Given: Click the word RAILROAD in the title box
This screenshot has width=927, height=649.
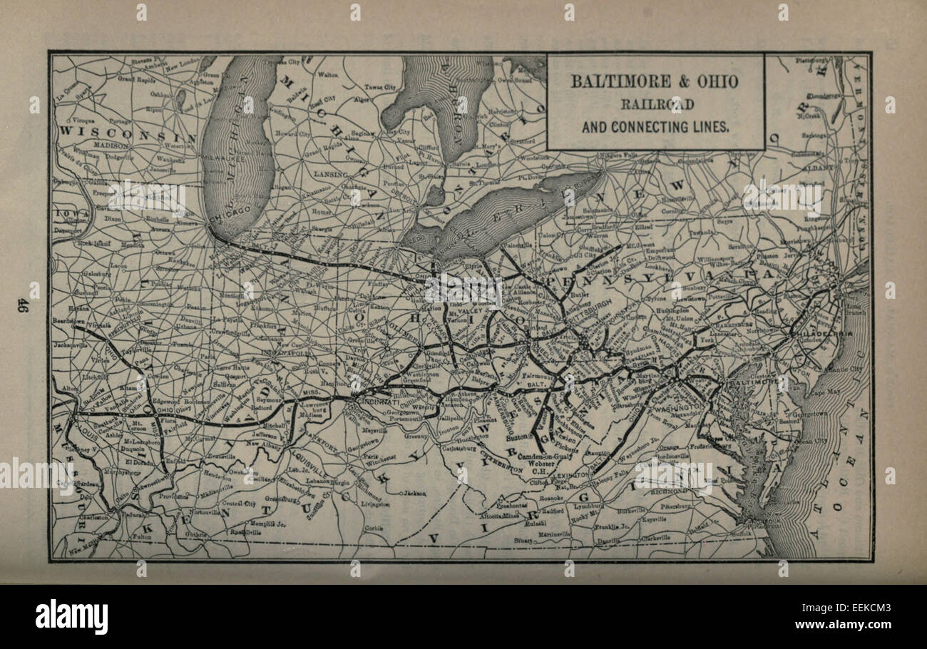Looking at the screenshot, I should click(655, 104).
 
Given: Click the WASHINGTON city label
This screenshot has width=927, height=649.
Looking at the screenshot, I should click(677, 409).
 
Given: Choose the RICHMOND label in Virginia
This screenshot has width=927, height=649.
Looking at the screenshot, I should click(671, 491).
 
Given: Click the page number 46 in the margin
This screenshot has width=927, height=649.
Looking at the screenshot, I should click(23, 305).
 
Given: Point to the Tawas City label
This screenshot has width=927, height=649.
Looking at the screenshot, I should click(380, 87).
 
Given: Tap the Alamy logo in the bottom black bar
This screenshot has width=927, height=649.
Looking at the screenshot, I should click(71, 617).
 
